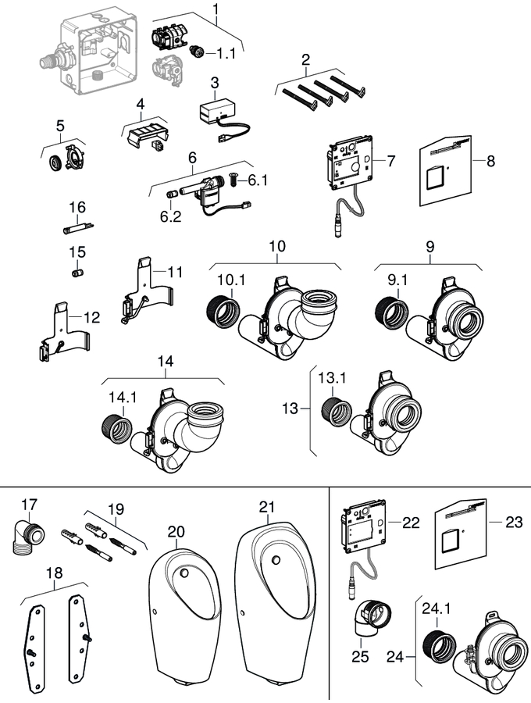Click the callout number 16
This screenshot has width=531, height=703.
[x=76, y=207]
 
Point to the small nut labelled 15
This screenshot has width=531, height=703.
[x=77, y=273]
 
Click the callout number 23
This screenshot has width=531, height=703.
[x=513, y=523]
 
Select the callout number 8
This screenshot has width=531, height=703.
[x=490, y=162]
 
